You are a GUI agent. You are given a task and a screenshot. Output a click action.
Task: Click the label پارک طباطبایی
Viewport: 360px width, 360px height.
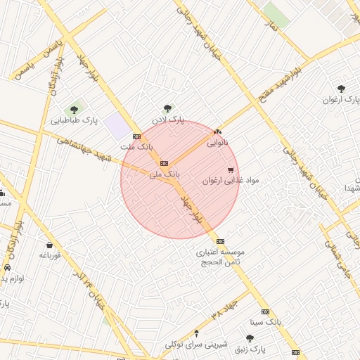coord(73,121)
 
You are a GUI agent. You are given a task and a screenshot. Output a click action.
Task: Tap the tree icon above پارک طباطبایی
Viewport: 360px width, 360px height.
coord(73,109)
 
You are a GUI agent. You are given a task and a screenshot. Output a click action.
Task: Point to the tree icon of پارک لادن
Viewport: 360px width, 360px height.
coord(167,108)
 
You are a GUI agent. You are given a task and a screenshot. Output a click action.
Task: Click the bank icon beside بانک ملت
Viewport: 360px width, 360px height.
coord(136,136)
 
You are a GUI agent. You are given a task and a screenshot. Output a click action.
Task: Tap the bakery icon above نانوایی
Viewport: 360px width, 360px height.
coord(217,131)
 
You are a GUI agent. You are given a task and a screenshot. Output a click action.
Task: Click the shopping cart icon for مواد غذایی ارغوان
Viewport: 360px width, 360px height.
coord(231,169)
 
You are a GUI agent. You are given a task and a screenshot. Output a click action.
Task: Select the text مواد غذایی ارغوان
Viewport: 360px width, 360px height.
coord(231,181)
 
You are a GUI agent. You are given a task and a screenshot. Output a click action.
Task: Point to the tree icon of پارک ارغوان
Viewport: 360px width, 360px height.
coord(341,89)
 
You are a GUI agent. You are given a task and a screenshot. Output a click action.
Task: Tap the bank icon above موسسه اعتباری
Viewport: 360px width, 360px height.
coord(220,240)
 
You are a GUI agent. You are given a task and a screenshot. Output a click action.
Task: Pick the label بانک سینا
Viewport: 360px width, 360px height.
coord(265,322)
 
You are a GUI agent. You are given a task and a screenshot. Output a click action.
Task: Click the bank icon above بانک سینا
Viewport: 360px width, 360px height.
coord(265,311)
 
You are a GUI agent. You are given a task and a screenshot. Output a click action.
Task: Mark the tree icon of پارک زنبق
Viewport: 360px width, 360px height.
coord(250,338)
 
